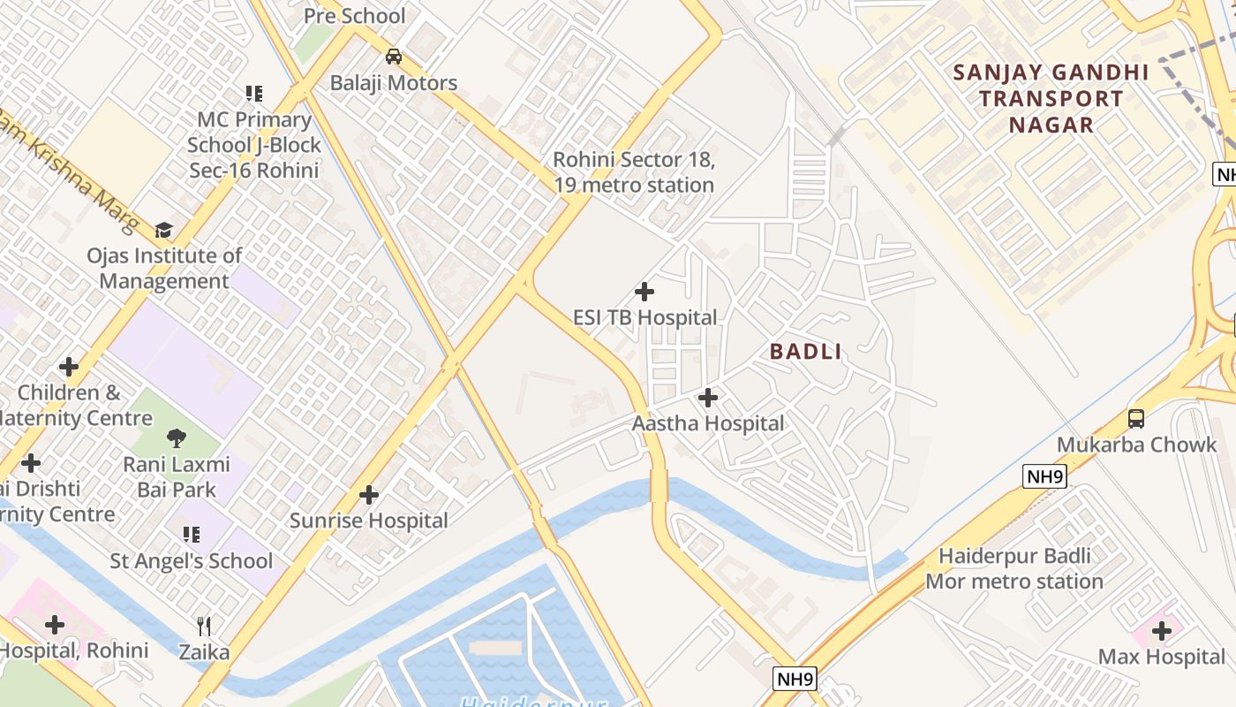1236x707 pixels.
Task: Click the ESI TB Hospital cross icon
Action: (644, 291)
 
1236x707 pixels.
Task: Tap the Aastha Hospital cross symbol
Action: (707, 398)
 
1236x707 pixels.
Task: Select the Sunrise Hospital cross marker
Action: (369, 495)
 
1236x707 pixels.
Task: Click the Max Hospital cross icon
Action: (1161, 631)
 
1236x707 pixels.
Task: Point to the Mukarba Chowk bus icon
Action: (1136, 419)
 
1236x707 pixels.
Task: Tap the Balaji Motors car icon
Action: (394, 57)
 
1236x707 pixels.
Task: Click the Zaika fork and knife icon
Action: (204, 627)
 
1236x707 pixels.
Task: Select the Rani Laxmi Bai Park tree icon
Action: (177, 437)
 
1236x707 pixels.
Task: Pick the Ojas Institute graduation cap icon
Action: (163, 231)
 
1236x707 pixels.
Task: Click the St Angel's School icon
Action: (191, 534)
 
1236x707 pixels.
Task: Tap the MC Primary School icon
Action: (254, 94)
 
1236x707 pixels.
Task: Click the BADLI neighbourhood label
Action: (805, 352)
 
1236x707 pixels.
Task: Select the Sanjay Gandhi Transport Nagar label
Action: (1051, 98)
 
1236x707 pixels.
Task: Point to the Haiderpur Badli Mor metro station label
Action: (1014, 569)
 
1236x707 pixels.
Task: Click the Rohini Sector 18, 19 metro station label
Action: (633, 172)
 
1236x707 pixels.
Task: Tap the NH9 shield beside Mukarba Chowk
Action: (1046, 477)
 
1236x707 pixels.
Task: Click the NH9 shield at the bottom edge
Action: (795, 679)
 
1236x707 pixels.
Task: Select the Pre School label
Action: (354, 16)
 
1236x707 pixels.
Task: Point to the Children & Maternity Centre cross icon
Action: (68, 367)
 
